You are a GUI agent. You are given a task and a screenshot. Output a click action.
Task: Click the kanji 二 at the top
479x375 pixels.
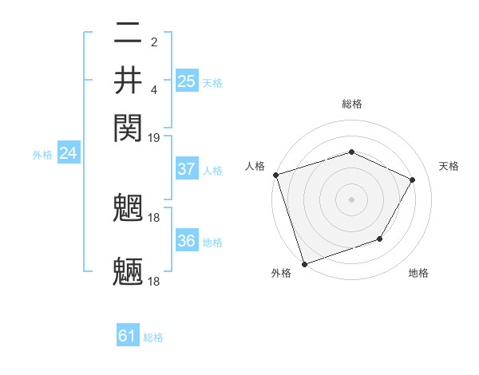click(128, 34)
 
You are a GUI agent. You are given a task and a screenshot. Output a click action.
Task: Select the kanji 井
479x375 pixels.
click(128, 81)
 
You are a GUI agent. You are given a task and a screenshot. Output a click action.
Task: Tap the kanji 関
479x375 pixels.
click(128, 126)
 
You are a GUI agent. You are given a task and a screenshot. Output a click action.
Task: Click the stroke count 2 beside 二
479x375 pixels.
click(153, 41)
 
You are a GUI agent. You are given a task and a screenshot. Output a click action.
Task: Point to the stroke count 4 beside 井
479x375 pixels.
click(153, 88)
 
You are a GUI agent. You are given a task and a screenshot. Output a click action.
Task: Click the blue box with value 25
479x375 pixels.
click(186, 81)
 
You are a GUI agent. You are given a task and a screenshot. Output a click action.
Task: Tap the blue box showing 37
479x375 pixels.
click(186, 169)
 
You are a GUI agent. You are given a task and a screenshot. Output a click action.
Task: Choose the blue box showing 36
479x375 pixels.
click(186, 241)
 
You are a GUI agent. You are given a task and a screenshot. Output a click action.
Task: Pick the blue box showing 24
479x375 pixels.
click(68, 153)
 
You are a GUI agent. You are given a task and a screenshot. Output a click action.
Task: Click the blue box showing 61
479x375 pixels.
click(127, 336)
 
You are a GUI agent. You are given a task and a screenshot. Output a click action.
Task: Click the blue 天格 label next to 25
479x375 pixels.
click(212, 82)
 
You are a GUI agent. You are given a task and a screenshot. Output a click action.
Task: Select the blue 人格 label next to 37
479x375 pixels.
click(212, 171)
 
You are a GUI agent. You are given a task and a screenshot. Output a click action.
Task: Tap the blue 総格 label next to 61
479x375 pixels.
click(153, 337)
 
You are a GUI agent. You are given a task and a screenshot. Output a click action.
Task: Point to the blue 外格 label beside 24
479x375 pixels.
click(42, 155)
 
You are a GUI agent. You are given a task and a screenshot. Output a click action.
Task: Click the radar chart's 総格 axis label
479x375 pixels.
click(351, 104)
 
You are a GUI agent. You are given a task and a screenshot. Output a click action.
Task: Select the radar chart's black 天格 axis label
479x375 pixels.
click(449, 166)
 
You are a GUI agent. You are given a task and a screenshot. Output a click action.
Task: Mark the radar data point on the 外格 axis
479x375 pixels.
click(304, 262)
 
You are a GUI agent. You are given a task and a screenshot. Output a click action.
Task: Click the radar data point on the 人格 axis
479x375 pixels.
click(275, 175)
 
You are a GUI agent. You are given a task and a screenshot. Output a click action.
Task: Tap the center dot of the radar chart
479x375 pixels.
click(351, 199)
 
